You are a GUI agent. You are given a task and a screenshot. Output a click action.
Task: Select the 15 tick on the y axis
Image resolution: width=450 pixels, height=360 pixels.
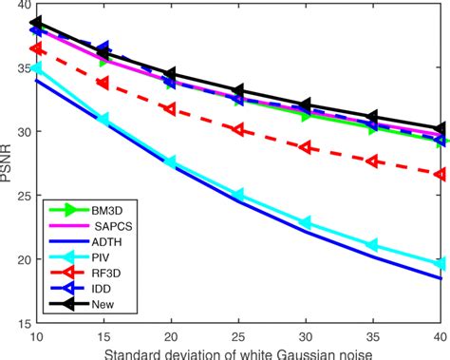[21, 322]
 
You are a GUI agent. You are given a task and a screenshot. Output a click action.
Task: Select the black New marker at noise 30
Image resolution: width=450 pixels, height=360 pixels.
[306, 105]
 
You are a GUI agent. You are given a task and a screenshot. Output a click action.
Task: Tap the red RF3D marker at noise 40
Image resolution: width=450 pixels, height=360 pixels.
[440, 174]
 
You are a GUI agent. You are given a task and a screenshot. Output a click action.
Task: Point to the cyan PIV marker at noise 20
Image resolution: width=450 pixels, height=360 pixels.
[171, 161]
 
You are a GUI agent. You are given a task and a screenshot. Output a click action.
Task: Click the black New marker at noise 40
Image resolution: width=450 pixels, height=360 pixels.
[440, 128]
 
